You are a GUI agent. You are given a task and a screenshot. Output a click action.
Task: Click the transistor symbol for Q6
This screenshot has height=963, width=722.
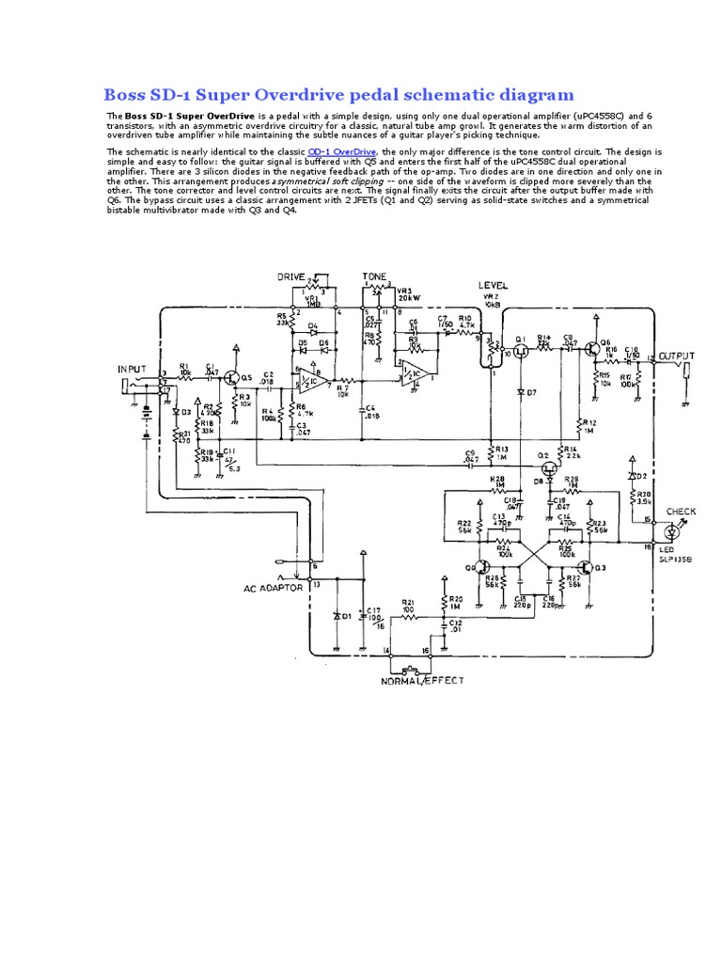tap(589, 349)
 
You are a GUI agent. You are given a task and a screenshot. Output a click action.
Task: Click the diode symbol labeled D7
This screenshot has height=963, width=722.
tap(519, 390)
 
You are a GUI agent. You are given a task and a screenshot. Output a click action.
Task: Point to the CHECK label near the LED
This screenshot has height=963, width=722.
tap(681, 512)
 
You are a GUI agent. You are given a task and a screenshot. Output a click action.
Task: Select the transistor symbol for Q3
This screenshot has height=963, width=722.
tap(586, 569)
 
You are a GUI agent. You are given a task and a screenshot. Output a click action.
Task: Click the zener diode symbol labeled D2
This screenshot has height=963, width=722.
tap(633, 475)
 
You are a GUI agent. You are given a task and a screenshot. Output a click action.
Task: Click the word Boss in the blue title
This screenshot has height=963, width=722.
tap(125, 94)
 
